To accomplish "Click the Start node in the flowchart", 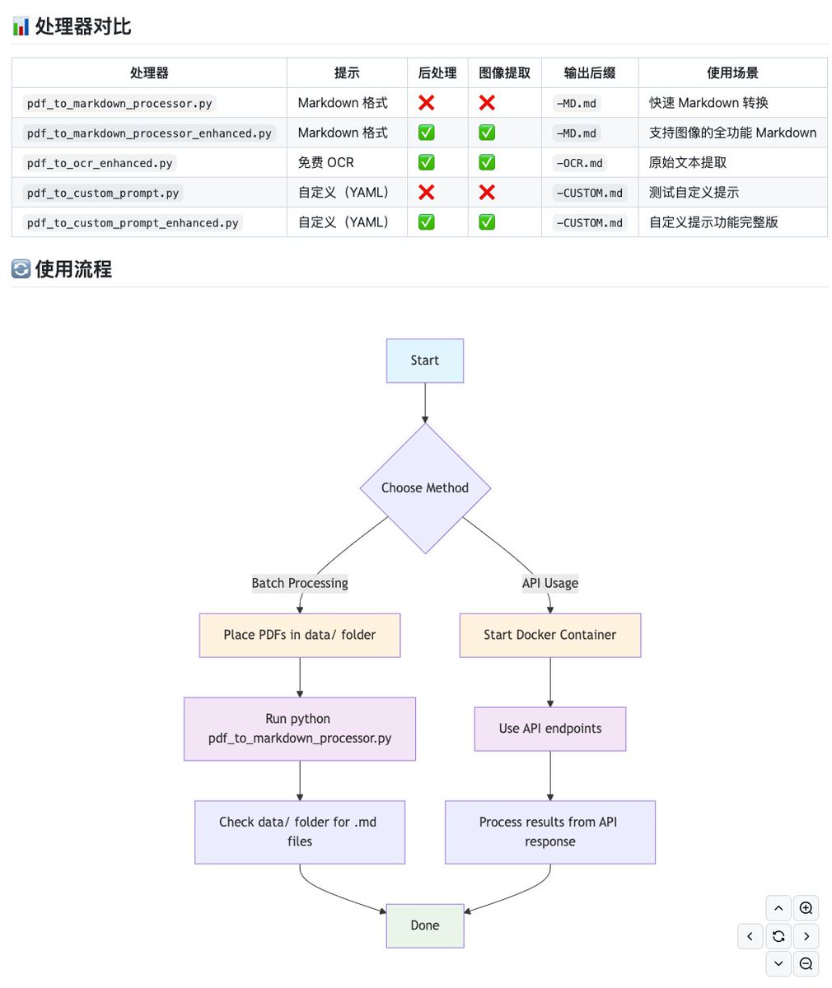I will pos(424,361).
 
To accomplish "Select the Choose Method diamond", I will pos(424,487).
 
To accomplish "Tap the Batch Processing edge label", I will pos(300,583).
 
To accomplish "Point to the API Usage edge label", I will pos(550,583).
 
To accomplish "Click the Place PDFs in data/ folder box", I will pos(300,635).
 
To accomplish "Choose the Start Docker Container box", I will pos(550,635).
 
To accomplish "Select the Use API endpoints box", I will pos(550,729).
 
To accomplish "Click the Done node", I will pos(424,925).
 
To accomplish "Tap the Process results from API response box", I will pos(550,832).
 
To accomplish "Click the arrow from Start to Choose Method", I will pos(425,403).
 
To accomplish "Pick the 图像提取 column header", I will pos(504,73).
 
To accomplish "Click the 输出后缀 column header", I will pos(589,73).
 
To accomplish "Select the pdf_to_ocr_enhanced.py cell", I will pos(100,163).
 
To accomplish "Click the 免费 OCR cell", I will pos(326,163).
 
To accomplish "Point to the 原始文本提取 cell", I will pos(688,163).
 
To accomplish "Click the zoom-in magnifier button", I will pos(806,908).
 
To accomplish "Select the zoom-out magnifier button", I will pos(806,963).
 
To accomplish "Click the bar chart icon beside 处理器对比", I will pos(21,26).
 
